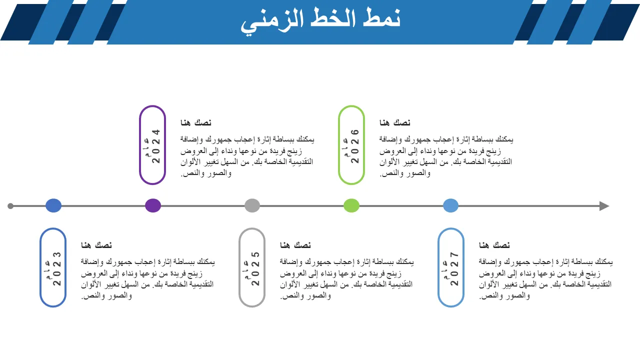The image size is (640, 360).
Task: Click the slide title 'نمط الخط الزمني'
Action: tap(320, 20)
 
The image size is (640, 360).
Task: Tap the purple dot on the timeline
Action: tap(153, 205)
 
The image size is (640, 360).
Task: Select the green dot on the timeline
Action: tap(351, 205)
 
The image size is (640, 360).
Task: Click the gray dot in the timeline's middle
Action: tap(252, 205)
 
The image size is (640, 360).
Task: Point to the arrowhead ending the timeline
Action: tap(604, 206)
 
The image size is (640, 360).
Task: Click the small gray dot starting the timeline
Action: tap(10, 206)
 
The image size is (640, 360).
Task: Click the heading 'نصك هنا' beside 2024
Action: tap(196, 123)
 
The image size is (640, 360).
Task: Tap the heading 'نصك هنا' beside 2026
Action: tap(395, 123)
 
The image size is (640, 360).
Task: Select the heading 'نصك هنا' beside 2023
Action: tap(96, 245)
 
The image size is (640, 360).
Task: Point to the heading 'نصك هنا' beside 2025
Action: tap(295, 245)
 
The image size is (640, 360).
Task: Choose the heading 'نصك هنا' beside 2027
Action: tap(494, 245)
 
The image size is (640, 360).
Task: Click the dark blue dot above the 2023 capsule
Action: tap(53, 205)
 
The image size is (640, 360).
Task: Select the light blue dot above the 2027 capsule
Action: tap(451, 205)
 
